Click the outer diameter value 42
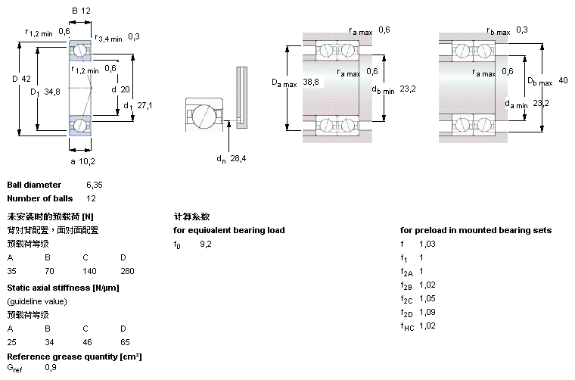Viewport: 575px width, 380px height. tap(26, 79)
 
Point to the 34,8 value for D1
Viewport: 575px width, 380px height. tap(52, 92)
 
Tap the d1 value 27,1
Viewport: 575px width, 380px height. tap(145, 105)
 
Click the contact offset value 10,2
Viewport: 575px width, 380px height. tap(87, 160)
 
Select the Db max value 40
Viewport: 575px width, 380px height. tap(563, 80)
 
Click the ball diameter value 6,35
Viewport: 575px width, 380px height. tap(94, 185)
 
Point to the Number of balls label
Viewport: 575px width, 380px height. tap(40, 198)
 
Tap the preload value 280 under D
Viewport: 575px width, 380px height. tap(127, 270)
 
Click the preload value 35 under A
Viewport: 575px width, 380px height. tap(12, 270)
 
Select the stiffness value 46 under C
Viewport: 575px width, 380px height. tap(88, 341)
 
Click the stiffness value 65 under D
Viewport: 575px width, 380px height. tap(125, 341)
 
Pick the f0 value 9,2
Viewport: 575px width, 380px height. tap(206, 244)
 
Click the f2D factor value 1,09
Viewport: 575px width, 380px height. tap(428, 312)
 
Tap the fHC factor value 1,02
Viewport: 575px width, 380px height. tap(428, 325)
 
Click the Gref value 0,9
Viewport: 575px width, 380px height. tap(51, 368)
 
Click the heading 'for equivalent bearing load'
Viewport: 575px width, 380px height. tap(228, 230)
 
